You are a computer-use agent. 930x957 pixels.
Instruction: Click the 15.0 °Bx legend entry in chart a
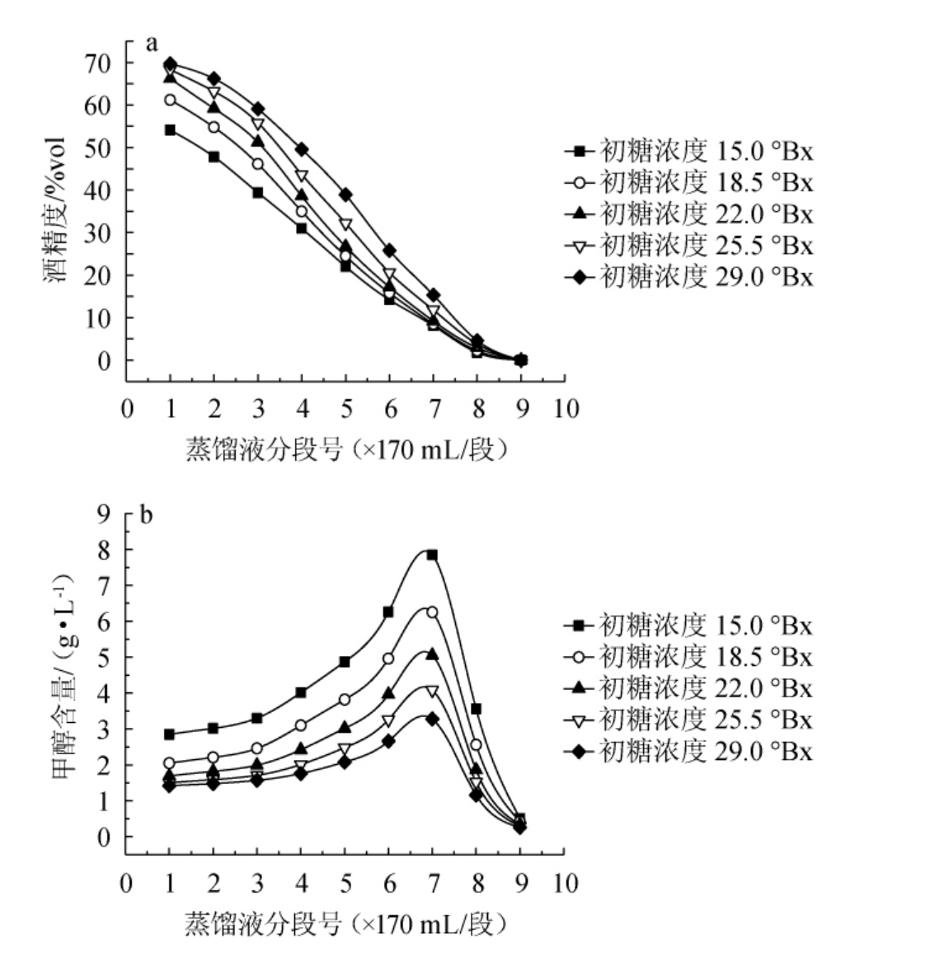(x=689, y=152)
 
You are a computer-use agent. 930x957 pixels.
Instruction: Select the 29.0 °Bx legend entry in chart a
(x=689, y=277)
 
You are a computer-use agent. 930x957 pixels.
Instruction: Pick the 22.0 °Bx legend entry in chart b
(x=689, y=689)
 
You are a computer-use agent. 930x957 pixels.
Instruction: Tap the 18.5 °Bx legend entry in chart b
(x=689, y=658)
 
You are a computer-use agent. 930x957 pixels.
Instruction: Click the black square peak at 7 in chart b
(x=431, y=555)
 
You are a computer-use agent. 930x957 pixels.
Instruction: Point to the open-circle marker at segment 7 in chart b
(x=431, y=612)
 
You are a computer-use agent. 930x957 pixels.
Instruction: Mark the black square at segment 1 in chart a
(x=170, y=130)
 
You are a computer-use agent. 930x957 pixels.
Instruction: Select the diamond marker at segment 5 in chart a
(x=345, y=195)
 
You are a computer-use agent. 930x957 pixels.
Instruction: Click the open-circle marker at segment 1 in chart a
(x=170, y=100)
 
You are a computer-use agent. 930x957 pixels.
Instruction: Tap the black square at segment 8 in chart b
(x=476, y=709)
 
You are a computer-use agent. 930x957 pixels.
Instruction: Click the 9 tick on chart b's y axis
(x=104, y=514)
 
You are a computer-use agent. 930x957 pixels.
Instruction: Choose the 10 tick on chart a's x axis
(x=566, y=410)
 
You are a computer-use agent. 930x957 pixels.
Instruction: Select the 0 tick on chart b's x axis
(x=127, y=884)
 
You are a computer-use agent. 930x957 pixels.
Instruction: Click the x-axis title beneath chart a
(x=345, y=450)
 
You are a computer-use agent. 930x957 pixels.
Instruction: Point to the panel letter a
(x=151, y=44)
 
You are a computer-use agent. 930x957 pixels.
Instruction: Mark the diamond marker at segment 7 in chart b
(x=431, y=719)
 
